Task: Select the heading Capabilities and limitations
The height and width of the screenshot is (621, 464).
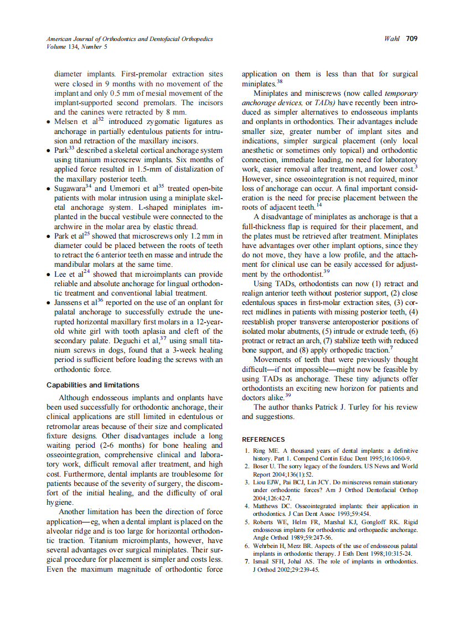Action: click(93, 385)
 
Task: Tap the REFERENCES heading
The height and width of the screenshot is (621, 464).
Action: click(264, 439)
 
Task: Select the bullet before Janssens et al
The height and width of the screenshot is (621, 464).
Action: click(50, 303)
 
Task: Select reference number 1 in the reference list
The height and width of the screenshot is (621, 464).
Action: click(247, 451)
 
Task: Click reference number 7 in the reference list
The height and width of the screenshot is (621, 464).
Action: click(247, 562)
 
